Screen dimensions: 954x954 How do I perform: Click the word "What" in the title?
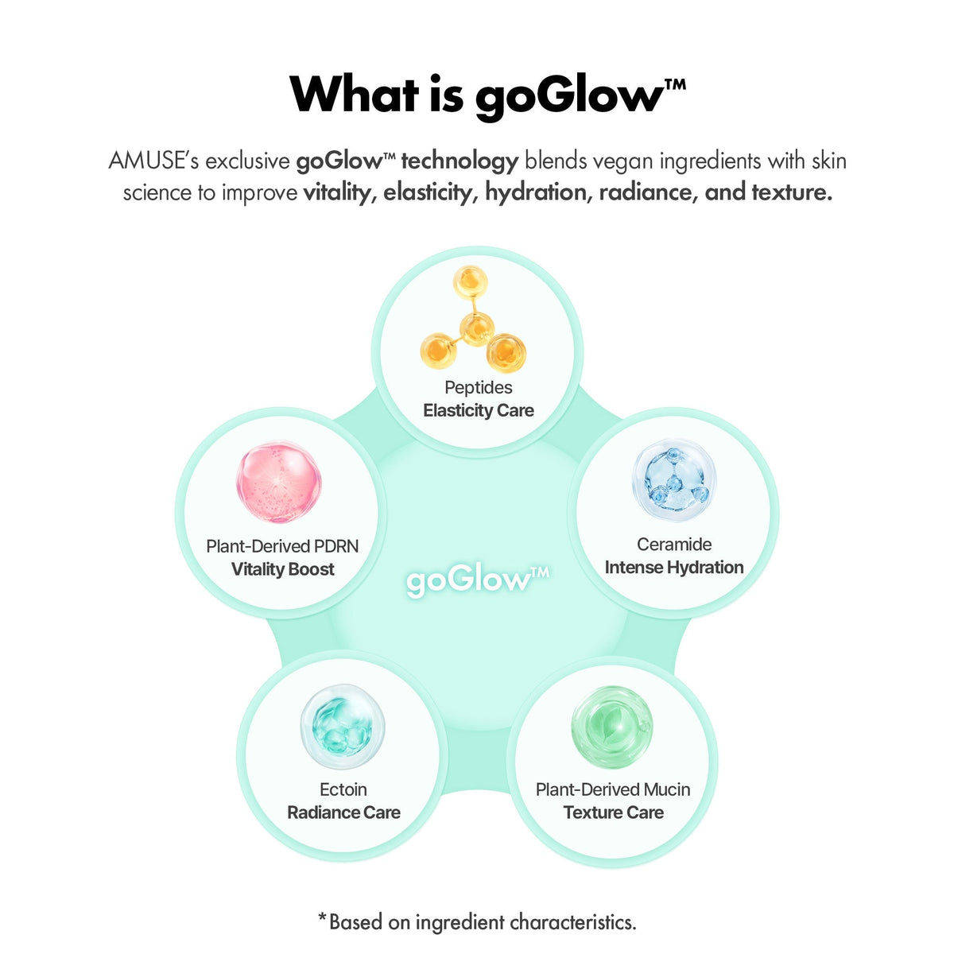click(x=354, y=95)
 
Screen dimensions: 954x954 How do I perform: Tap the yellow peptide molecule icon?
click(x=473, y=320)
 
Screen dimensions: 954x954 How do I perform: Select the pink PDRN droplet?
click(x=279, y=482)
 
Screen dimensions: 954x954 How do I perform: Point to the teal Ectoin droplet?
click(x=343, y=727)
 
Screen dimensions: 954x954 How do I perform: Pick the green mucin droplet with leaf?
click(x=612, y=727)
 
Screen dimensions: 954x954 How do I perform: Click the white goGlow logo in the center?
click(x=478, y=580)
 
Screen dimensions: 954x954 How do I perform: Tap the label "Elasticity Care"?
click(x=479, y=410)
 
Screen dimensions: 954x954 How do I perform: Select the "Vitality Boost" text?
click(x=283, y=569)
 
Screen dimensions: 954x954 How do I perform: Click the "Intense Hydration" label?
click(x=674, y=568)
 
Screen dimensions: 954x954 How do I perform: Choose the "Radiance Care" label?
click(x=343, y=813)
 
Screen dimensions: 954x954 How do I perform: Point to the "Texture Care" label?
click(x=614, y=813)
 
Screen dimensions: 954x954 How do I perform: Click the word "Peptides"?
click(x=479, y=388)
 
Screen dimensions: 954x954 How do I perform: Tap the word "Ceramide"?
click(x=674, y=545)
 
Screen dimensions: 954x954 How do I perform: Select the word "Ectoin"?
click(x=343, y=789)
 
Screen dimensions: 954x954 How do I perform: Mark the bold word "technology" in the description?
click(x=460, y=162)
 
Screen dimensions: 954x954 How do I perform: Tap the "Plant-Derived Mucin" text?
click(x=613, y=789)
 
